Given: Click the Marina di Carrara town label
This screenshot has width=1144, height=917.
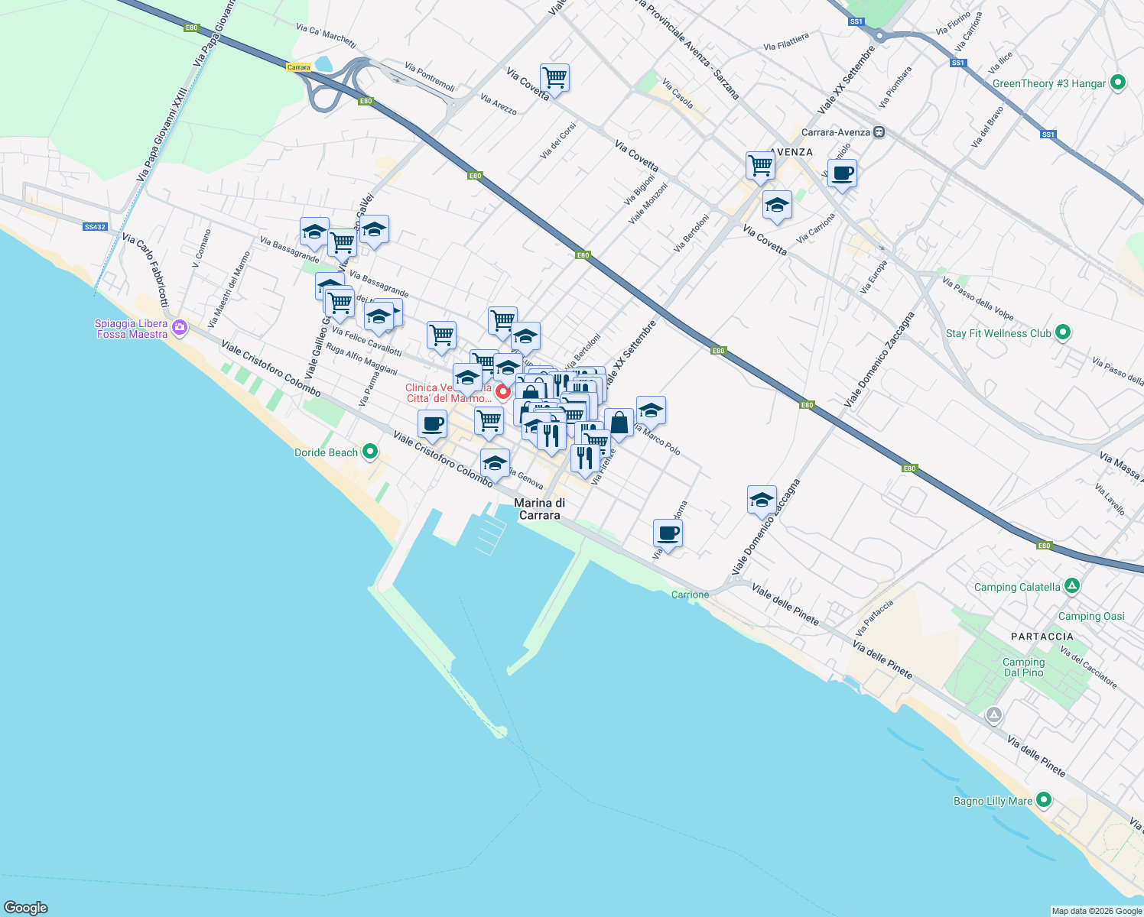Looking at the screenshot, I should (539, 509).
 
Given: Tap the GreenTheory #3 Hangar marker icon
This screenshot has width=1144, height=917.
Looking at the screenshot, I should (1117, 83).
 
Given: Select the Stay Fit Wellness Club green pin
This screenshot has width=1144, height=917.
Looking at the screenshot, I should (1062, 332).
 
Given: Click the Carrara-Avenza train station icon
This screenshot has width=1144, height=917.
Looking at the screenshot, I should (879, 132).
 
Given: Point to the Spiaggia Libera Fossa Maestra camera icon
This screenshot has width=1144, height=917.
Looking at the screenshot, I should (180, 328).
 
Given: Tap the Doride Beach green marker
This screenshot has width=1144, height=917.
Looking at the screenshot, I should (370, 452).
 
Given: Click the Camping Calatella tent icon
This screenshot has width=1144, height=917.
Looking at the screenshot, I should (1072, 586).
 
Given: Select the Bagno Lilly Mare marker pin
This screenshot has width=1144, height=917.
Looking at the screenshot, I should (1044, 800).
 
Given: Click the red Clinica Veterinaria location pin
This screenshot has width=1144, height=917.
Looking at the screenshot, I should (503, 392).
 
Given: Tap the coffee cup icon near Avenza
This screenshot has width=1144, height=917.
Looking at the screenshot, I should (842, 173).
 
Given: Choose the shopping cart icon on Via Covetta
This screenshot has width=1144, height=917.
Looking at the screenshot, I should (554, 77).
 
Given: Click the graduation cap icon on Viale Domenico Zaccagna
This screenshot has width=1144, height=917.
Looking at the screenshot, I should (762, 500).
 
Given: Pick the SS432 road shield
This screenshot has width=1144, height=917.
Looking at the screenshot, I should (95, 227).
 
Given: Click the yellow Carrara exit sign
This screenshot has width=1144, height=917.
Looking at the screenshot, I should (298, 67).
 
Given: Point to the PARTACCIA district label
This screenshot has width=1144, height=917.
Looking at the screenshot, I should (1042, 637).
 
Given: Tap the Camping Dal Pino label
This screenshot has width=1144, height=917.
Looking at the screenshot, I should (1023, 667).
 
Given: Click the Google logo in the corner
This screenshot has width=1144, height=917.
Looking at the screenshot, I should (26, 908).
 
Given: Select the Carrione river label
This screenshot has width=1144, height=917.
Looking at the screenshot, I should (690, 595).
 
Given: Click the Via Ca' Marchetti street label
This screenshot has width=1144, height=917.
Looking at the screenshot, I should (326, 34).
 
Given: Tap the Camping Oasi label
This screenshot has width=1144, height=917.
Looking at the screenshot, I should (1091, 616).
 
